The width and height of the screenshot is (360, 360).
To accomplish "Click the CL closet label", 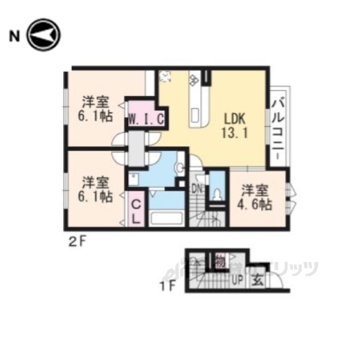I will click(137, 209).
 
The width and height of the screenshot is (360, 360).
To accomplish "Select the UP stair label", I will click(237, 281).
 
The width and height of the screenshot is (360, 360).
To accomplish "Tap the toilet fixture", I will click(217, 194).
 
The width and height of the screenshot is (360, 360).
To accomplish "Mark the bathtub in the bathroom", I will click(166, 219).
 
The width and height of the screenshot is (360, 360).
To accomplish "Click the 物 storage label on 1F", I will click(221, 262).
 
